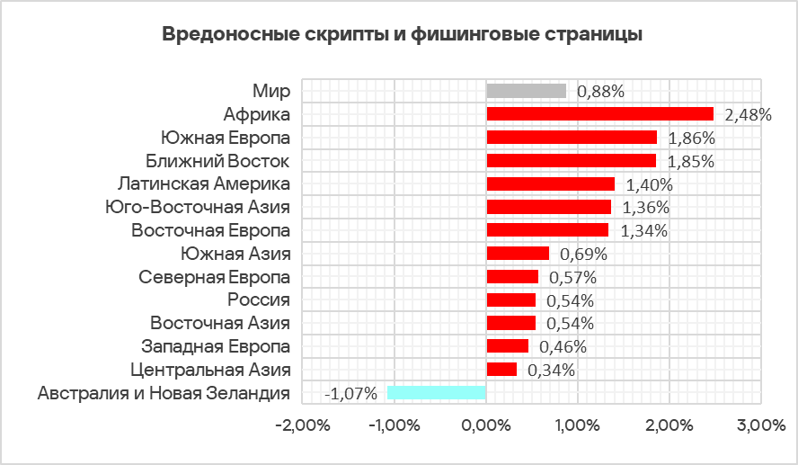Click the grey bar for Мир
point(527,91)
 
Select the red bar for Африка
point(599,114)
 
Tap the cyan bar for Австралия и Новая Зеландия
point(437,392)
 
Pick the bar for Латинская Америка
point(550,183)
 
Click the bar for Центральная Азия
point(501,369)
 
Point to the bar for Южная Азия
point(518,254)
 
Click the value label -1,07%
point(351,393)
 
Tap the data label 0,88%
point(600,91)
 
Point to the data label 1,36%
point(645,208)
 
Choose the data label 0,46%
point(563,346)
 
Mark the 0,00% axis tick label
point(485,425)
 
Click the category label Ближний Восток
point(217,161)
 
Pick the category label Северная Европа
point(215,276)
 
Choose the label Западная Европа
point(216,346)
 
